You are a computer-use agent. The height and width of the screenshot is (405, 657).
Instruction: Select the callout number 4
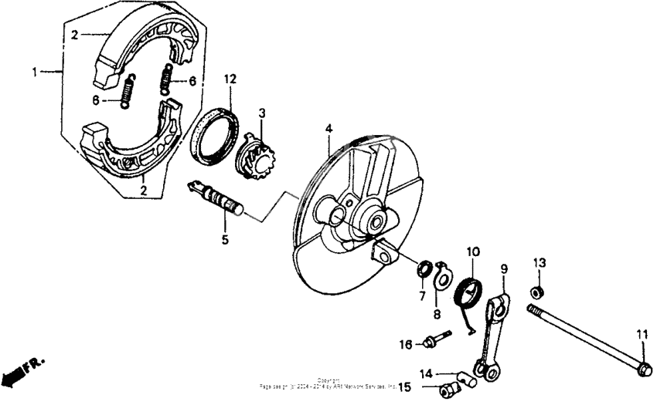click(328, 128)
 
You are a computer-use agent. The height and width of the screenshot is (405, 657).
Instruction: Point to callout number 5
click(225, 240)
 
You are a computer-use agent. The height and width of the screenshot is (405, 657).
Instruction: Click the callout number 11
click(641, 334)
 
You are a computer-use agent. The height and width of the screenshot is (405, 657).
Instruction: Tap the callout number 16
click(405, 344)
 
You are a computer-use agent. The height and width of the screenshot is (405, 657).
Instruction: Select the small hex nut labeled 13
click(535, 292)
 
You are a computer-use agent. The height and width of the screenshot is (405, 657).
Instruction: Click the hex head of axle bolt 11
click(642, 370)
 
